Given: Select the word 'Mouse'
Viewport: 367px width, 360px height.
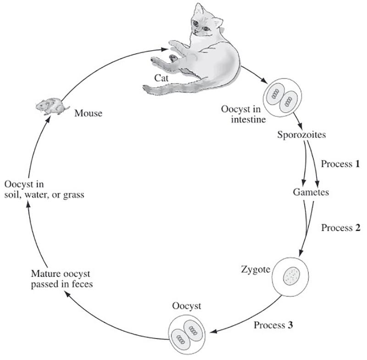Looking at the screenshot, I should [89, 113].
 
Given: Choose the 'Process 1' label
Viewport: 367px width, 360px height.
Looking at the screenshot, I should [340, 164].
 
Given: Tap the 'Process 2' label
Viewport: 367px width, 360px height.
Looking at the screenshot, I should [340, 228].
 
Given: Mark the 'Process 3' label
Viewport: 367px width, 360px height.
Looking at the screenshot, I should [273, 326].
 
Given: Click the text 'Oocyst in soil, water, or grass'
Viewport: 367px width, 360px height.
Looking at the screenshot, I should [44, 190].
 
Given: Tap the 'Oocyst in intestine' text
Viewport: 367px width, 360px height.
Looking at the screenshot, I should [242, 114].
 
